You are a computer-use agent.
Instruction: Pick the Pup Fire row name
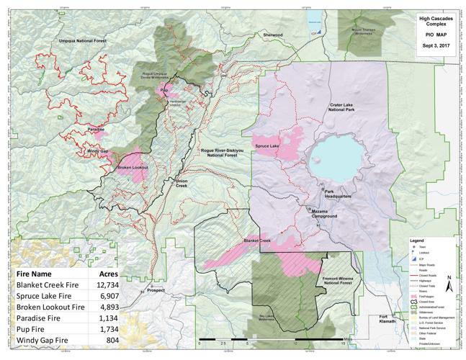[35, 328]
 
